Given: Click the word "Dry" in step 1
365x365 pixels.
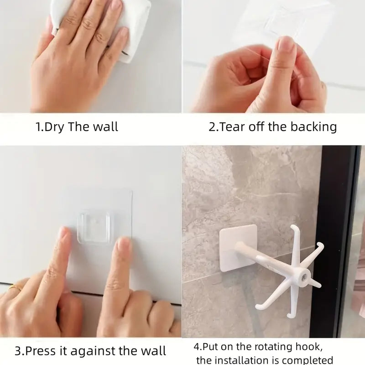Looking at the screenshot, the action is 54,127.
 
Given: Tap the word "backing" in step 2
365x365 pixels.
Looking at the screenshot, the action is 313,127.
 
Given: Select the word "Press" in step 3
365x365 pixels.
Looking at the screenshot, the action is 41,350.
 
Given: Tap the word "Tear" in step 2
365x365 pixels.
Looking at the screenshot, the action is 233,127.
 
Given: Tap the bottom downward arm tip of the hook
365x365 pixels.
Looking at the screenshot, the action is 289,316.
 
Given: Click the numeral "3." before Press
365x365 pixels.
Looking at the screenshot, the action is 19,351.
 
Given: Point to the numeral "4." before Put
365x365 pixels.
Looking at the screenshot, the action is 198,347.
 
